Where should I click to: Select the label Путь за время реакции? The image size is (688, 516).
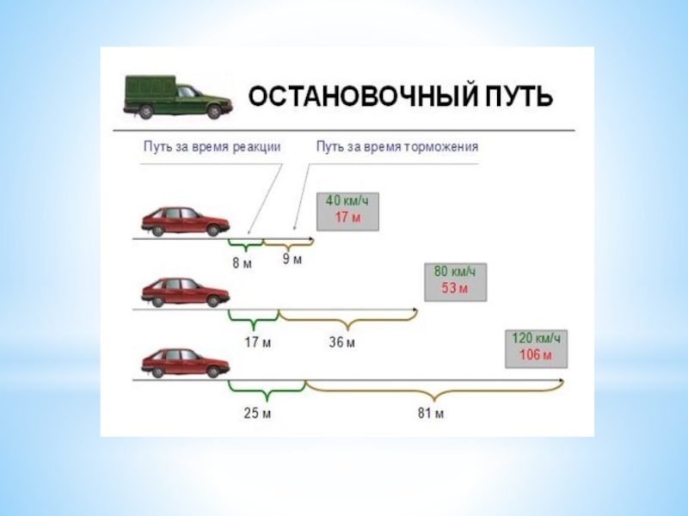[x=212, y=146]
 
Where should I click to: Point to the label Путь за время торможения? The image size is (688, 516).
[x=397, y=146]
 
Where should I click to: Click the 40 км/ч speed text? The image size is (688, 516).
[x=347, y=201]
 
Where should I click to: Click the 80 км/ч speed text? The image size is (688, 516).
[x=454, y=272]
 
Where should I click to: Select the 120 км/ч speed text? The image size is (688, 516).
[x=537, y=338]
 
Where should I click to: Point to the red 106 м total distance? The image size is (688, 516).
[x=537, y=353]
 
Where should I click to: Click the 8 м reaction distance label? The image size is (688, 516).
[x=243, y=262]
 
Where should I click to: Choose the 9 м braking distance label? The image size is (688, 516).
[x=293, y=260]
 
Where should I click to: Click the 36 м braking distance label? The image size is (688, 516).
[x=342, y=341]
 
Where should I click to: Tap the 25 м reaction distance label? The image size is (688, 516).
[x=258, y=414]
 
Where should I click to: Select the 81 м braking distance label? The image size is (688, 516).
[x=431, y=414]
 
